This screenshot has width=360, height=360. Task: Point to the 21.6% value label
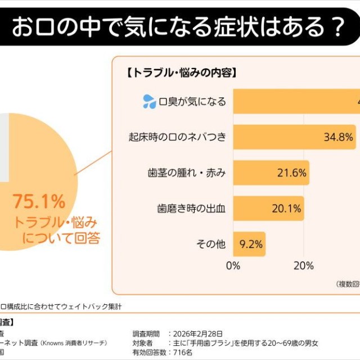pos(291,173)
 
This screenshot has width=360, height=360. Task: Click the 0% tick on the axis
pos(233,265)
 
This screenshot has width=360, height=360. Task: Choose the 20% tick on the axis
pos(304,265)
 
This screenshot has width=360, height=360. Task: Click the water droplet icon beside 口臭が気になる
pos(149,101)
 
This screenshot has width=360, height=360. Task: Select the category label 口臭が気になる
pos(192,101)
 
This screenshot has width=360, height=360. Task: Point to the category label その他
pos(211,244)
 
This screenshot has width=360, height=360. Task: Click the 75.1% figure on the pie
pos(39,201)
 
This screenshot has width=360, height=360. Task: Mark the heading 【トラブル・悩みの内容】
pos(181,73)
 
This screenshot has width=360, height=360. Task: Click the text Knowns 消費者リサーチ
pos(79,343)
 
